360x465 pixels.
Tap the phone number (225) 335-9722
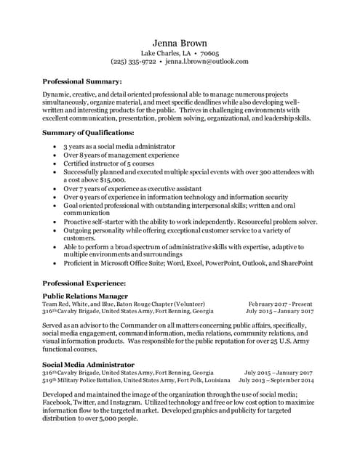[x=133, y=62]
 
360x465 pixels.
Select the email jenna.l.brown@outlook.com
[x=207, y=62]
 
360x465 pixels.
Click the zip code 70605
[x=209, y=53]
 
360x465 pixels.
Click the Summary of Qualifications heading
[x=89, y=133]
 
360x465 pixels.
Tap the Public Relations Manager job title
[x=85, y=296]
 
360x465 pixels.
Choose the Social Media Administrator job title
[x=88, y=364]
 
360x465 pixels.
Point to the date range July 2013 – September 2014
[x=276, y=380]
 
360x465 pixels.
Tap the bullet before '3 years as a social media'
[x=56, y=147]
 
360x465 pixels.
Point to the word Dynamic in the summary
[x=57, y=95]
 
